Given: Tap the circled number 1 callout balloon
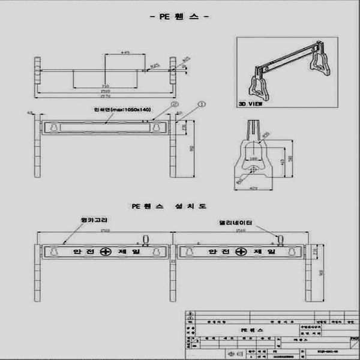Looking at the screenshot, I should click(202, 103).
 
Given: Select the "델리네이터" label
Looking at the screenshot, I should click(236, 223).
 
